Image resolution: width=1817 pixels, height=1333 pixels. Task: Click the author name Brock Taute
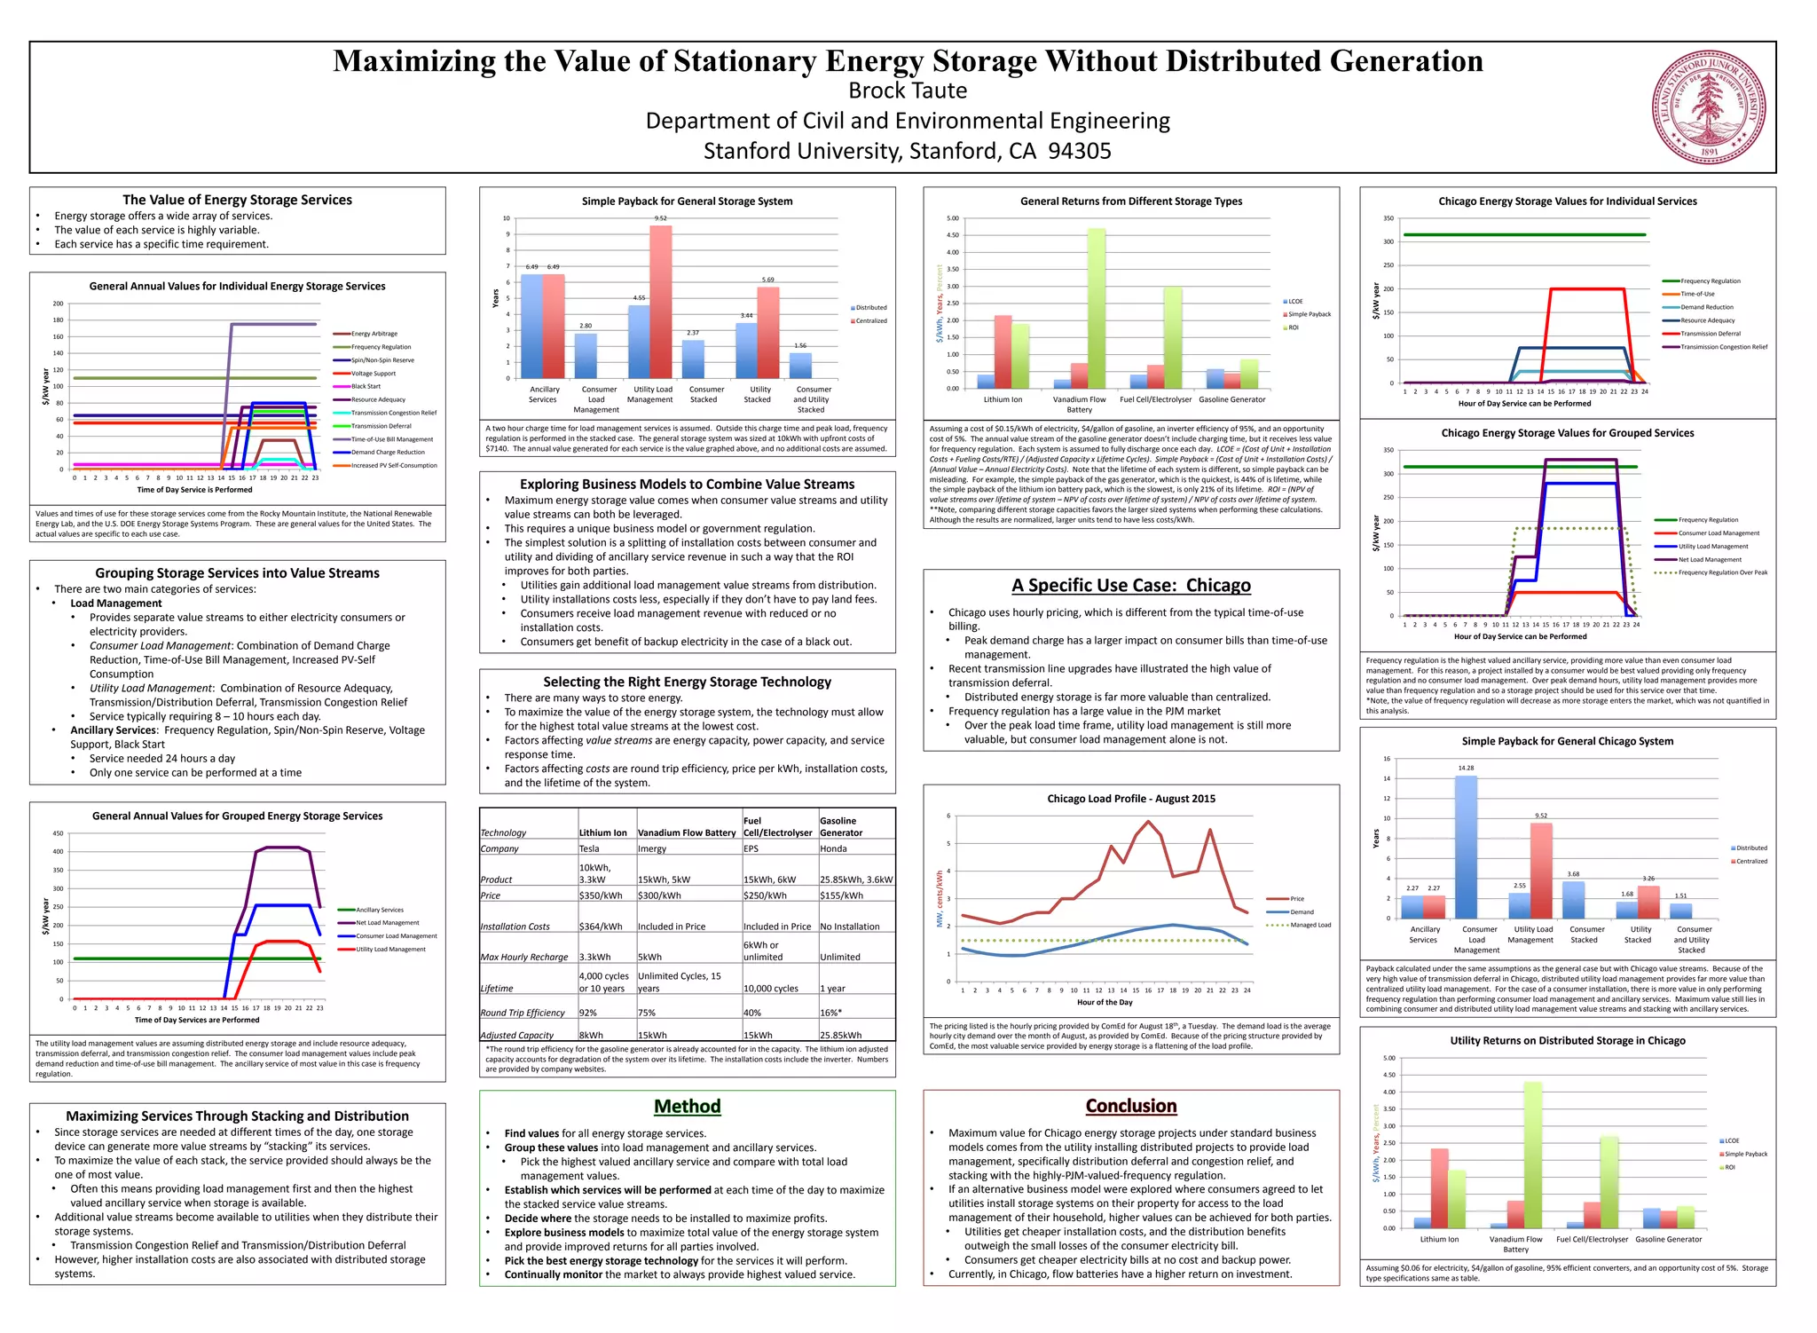(908, 91)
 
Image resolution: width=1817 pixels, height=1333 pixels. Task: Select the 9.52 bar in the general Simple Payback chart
(661, 302)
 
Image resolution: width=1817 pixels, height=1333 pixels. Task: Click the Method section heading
(687, 1106)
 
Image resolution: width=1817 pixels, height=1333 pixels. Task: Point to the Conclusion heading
(1131, 1106)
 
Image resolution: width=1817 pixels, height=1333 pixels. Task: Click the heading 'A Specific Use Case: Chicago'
(1131, 585)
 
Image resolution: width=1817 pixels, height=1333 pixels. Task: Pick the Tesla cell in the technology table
(589, 848)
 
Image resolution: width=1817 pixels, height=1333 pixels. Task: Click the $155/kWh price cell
(841, 895)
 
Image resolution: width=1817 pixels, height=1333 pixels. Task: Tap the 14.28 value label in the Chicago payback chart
(1466, 768)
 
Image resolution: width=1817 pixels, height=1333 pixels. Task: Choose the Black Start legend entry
(366, 386)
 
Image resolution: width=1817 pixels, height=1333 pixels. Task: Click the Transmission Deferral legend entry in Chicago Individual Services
(1711, 334)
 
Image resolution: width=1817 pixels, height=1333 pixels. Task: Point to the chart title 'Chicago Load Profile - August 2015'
(1131, 799)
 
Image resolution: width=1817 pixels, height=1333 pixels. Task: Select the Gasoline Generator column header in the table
(840, 826)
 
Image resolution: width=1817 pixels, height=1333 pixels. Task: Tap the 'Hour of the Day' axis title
(1105, 1002)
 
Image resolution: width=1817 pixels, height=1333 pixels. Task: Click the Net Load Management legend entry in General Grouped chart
(387, 923)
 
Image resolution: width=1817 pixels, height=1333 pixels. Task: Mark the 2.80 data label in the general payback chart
(586, 326)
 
